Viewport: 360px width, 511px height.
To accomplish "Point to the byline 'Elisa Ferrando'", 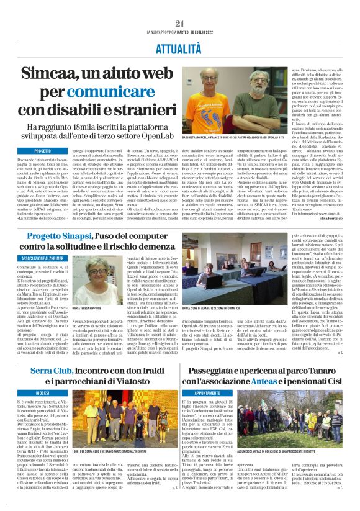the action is (x=335, y=219).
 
